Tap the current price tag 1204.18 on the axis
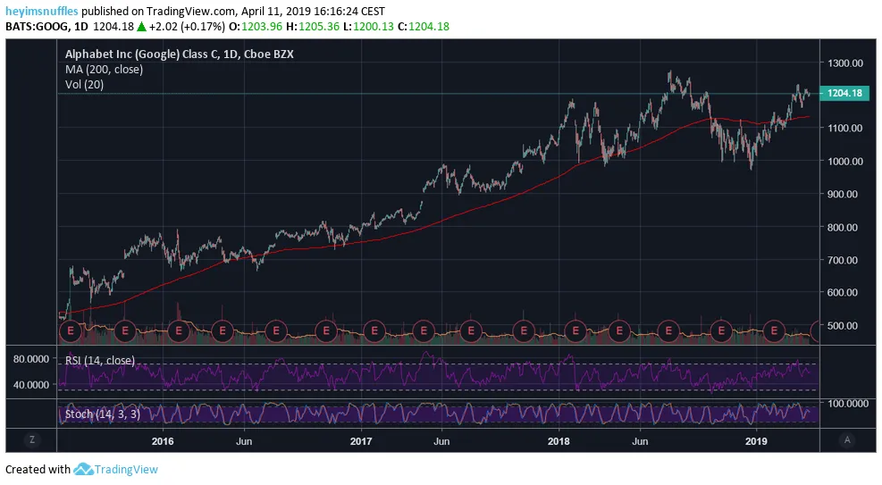pyautogui.click(x=844, y=94)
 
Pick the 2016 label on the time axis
pyautogui.click(x=163, y=440)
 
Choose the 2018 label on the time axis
pyautogui.click(x=559, y=440)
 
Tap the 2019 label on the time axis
pyautogui.click(x=757, y=440)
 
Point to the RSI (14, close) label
pyautogui.click(x=100, y=361)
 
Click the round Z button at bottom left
pyautogui.click(x=31, y=440)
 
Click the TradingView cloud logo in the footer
pyautogui.click(x=84, y=470)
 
